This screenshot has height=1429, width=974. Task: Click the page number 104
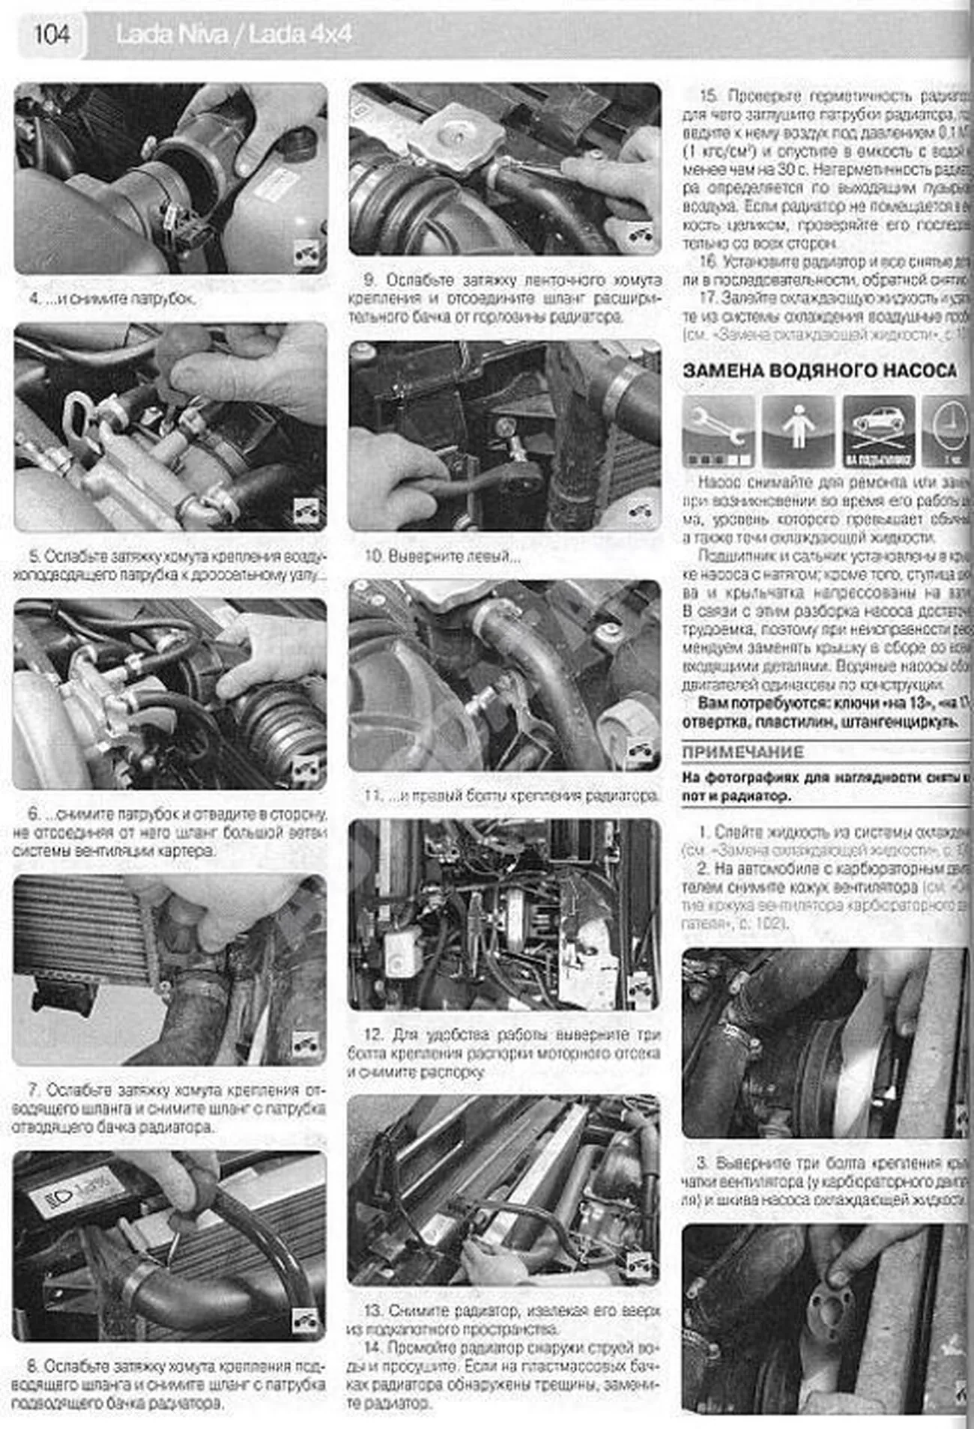51,34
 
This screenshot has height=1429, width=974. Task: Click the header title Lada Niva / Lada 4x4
233,34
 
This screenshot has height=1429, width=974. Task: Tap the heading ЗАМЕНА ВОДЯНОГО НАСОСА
820,370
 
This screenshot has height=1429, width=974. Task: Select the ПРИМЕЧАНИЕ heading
742,752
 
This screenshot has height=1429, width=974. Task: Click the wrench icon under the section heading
718,431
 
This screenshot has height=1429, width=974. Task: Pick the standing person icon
798,431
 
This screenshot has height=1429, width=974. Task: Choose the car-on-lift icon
879,431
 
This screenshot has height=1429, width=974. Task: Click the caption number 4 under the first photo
34,299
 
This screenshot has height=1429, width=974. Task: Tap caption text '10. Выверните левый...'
442,556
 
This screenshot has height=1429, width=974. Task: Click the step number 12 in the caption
373,1035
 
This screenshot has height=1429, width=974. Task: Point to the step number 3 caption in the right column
702,1163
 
